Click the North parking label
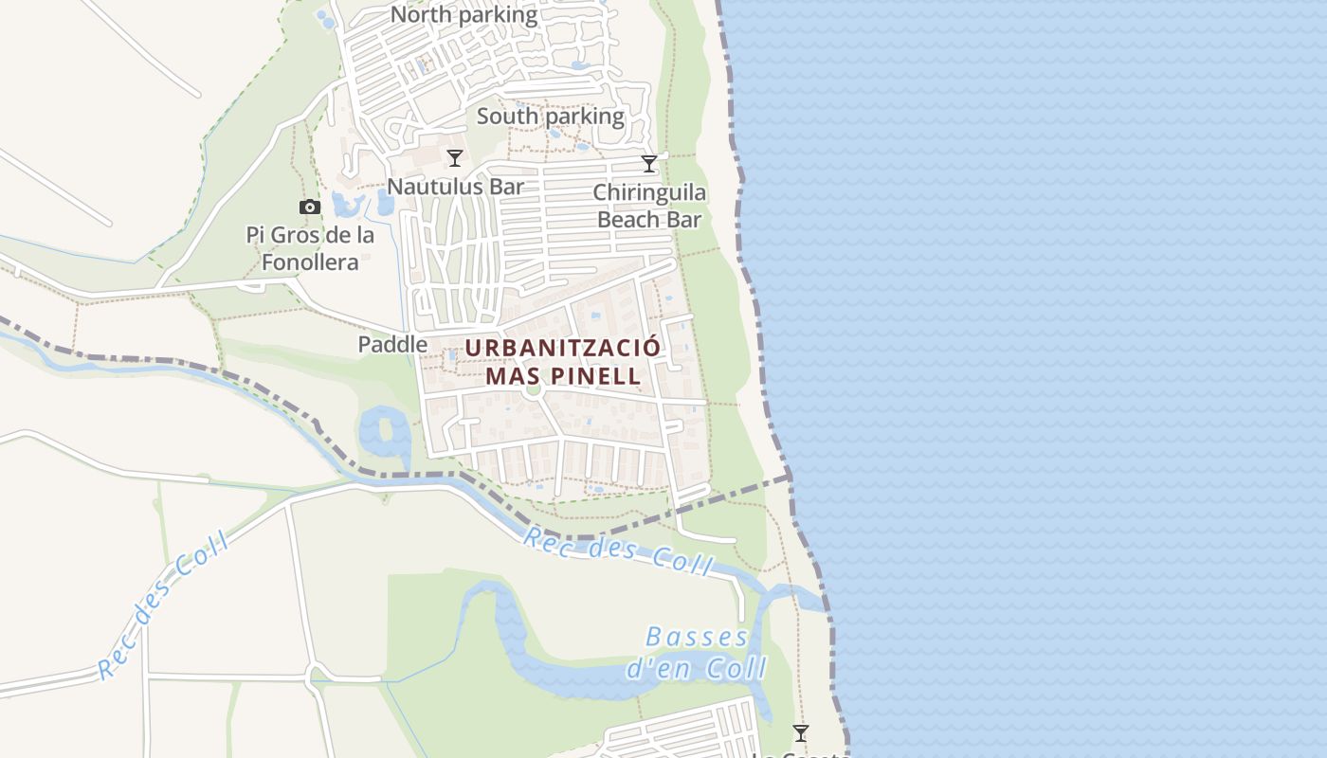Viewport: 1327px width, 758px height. click(464, 15)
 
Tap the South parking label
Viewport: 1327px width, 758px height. click(551, 117)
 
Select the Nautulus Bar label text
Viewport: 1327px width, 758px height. click(455, 187)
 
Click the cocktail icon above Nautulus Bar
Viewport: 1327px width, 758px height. click(455, 158)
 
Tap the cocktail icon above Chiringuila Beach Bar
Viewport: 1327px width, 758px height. click(649, 164)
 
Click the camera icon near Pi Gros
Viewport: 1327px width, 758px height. click(309, 207)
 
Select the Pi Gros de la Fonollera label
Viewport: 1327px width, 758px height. click(310, 248)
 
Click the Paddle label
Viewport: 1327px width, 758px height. click(392, 345)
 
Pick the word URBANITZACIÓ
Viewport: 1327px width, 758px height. click(563, 348)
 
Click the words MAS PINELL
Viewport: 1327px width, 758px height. click(563, 375)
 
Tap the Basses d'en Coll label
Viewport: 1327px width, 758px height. click(698, 653)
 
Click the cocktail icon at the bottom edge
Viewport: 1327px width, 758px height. click(801, 733)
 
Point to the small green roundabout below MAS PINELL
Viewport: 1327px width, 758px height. click(533, 388)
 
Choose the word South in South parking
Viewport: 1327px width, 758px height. click(506, 117)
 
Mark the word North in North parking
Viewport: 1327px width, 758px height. click(421, 15)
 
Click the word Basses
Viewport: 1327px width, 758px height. click(698, 638)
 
